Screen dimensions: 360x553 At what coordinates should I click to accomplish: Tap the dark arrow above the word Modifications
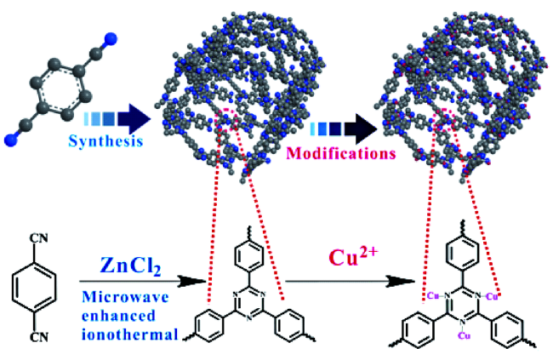coord(345,129)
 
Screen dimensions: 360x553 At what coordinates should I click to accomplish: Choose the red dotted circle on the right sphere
coord(447,122)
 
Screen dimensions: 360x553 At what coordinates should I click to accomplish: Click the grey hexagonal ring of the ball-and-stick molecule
coord(60,85)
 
